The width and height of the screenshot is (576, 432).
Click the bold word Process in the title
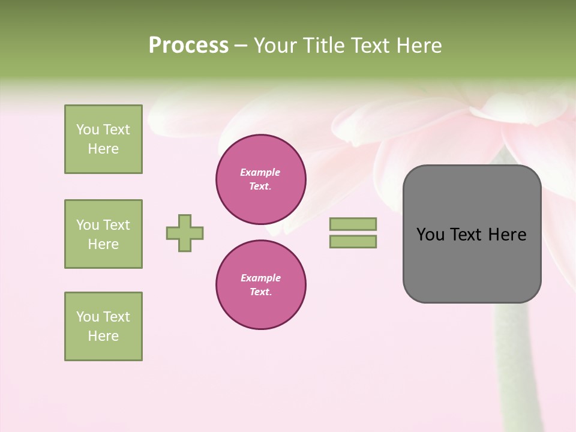click(x=188, y=46)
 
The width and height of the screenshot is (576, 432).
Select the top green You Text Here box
click(x=103, y=139)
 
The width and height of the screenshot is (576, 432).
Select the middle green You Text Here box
click(x=103, y=234)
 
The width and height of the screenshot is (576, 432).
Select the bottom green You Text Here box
click(x=103, y=326)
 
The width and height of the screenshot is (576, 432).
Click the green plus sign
click(x=185, y=233)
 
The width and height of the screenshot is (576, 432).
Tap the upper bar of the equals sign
click(x=353, y=224)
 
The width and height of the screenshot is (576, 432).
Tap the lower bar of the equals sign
click(x=353, y=242)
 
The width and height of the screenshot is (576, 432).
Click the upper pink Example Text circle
click(x=261, y=179)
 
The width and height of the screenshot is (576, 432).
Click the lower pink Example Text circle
click(x=261, y=285)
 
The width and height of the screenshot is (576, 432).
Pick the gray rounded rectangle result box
click(x=472, y=264)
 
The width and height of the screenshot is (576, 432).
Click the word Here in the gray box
click(x=507, y=235)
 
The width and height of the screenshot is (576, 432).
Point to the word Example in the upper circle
click(x=260, y=172)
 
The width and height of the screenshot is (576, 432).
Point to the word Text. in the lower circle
click(x=260, y=292)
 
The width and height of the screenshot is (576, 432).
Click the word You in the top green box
click(x=87, y=130)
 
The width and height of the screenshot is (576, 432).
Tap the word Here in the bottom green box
click(x=103, y=336)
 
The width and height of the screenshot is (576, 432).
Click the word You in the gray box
click(x=430, y=235)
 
